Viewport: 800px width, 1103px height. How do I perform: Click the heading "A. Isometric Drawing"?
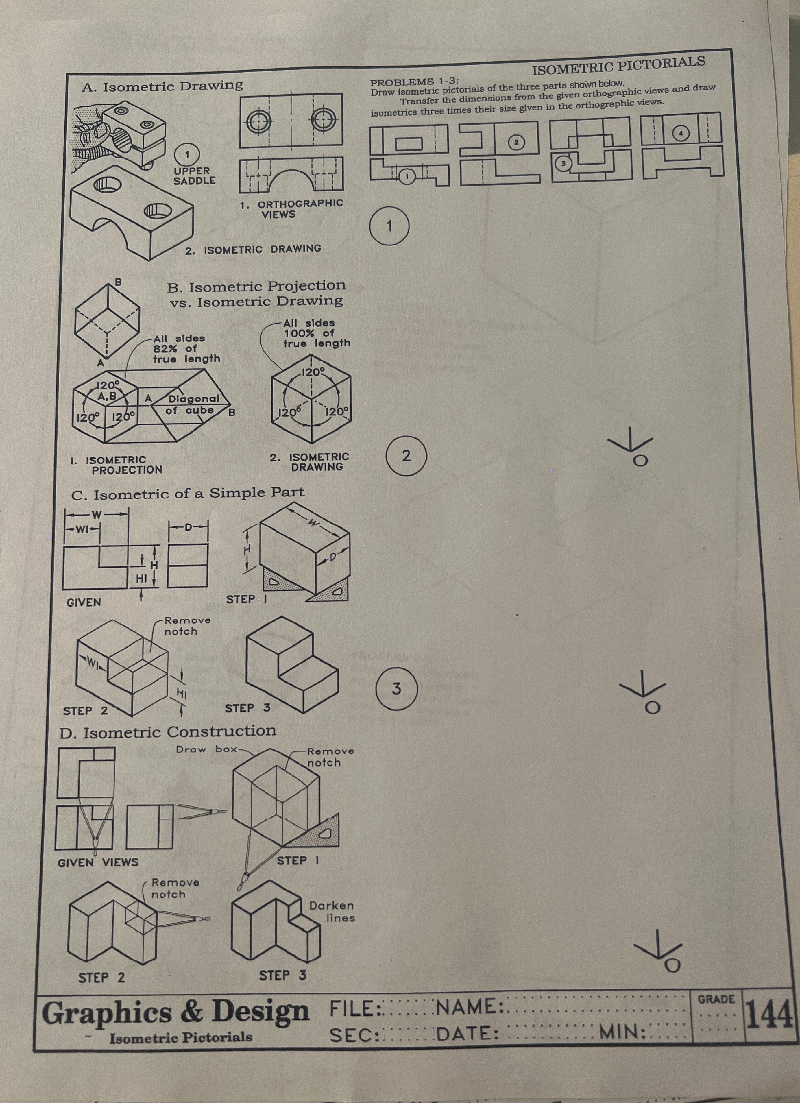coord(163,86)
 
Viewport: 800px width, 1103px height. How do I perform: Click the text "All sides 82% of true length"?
coord(186,348)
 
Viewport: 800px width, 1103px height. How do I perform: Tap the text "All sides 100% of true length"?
coord(317,333)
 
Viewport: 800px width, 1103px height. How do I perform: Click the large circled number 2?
coord(406,456)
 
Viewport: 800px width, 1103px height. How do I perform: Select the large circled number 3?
coord(397,689)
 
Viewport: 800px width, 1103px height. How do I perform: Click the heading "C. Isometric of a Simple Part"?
coord(188,494)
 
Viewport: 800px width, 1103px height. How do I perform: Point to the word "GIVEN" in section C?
coord(84,602)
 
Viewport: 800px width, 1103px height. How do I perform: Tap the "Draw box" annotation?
coord(206,749)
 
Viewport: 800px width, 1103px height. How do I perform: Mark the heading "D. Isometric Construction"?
coord(168,731)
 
